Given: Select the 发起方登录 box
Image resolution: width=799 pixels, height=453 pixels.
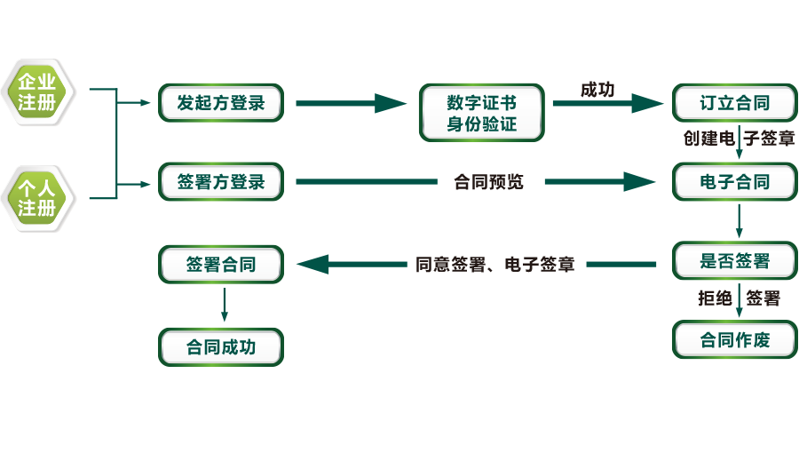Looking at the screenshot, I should click(221, 103).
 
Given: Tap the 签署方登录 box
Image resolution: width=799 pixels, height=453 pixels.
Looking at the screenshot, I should click(221, 182).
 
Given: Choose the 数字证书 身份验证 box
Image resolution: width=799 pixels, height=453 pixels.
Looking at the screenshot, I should click(482, 113).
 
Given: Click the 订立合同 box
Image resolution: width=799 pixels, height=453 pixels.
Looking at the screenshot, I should click(734, 103).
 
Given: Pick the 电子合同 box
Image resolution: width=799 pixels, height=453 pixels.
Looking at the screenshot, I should click(734, 182).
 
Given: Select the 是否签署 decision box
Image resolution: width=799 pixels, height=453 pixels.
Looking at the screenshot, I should click(734, 261).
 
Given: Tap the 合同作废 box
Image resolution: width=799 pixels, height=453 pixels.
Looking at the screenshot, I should click(734, 339).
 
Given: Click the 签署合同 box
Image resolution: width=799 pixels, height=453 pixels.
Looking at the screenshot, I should click(221, 264).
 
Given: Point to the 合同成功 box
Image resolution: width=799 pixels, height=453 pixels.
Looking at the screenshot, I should click(221, 346).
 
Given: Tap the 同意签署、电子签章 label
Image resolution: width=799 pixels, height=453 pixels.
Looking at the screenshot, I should click(495, 265).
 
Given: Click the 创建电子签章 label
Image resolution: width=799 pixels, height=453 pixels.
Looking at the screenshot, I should click(739, 139).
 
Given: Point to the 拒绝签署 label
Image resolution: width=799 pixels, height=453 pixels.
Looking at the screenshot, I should click(739, 298).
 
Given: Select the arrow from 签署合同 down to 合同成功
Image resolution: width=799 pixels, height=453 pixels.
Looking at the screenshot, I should click(224, 304).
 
